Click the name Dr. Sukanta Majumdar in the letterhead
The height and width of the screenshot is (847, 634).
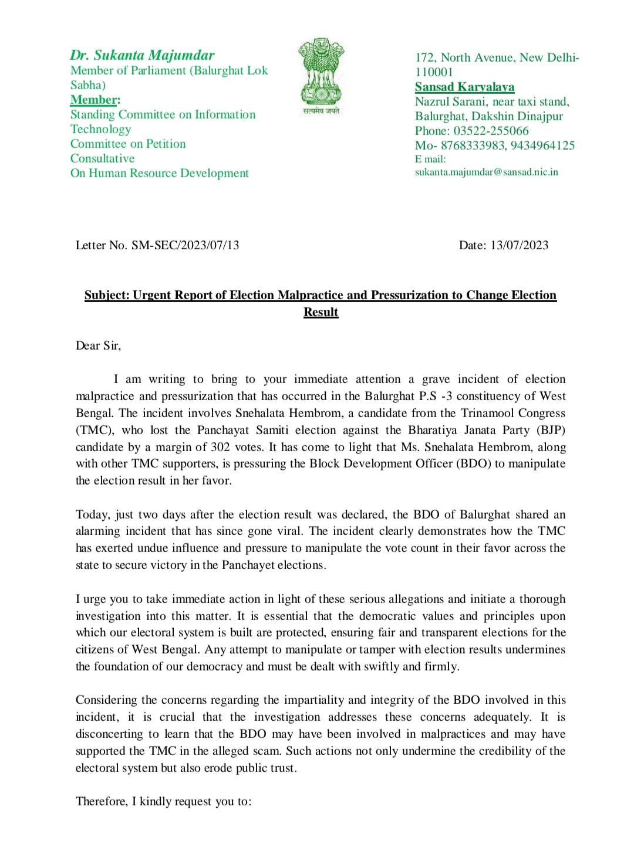coord(142,55)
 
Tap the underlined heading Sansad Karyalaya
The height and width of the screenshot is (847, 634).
coord(464,87)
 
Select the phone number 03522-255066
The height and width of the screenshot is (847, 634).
coord(491,131)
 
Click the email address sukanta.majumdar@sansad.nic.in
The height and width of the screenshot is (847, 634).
coord(486,172)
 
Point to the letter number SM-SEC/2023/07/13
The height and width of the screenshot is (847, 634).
coord(185,245)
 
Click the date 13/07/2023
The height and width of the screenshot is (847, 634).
coord(519,245)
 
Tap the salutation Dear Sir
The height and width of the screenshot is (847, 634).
coord(97,345)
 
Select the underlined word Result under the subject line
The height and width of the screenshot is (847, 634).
coord(321,312)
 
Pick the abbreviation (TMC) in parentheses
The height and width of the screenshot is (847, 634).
coord(95,430)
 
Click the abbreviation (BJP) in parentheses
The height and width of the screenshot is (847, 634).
coord(551,430)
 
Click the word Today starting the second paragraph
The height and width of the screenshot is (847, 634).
coord(92,514)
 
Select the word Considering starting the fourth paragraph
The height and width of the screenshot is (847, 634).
coord(106,700)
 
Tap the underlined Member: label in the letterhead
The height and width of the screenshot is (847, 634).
coord(95,100)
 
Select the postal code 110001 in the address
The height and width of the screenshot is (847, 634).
coord(434,72)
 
